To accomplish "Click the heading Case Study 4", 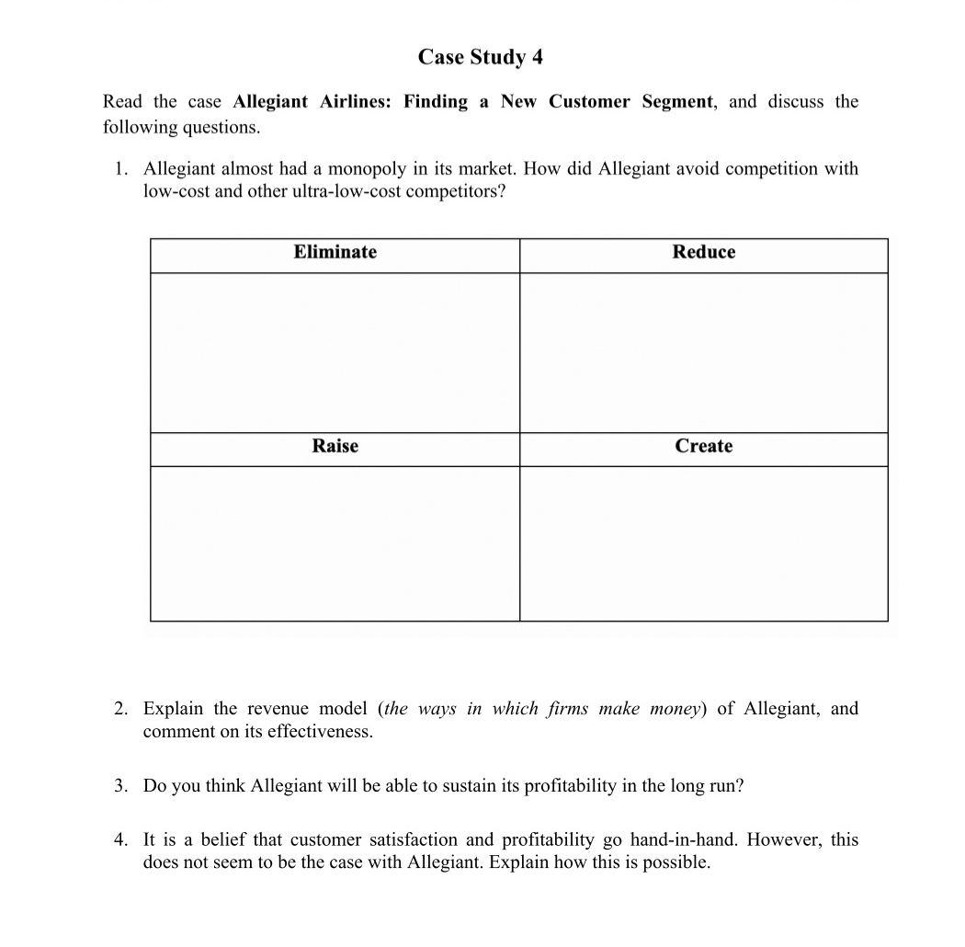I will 480,57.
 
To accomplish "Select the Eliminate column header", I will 335,252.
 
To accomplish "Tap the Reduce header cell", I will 703,252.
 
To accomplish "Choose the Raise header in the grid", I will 335,446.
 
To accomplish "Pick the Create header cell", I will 703,446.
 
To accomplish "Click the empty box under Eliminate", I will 335,352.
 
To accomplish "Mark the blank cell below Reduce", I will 703,352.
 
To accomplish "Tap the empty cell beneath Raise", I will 335,543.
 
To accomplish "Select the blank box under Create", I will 703,543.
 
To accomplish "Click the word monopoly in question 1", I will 369,169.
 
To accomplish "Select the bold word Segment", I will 676,102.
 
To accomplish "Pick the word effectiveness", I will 316,732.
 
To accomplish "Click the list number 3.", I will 119,786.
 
